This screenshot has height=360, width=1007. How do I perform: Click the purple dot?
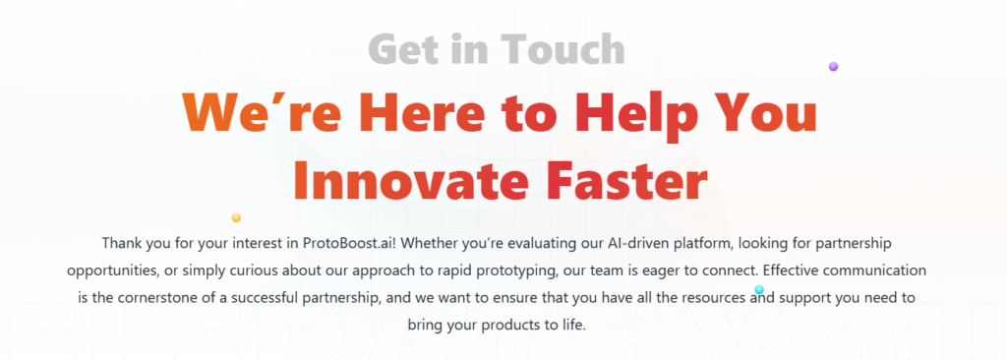pos(833,66)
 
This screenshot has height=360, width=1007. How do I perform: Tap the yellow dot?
pos(236,218)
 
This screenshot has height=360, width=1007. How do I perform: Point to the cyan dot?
pos(759,289)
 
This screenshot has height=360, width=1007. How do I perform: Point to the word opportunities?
pos(112,271)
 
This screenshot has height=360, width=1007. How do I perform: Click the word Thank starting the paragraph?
pos(118,244)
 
